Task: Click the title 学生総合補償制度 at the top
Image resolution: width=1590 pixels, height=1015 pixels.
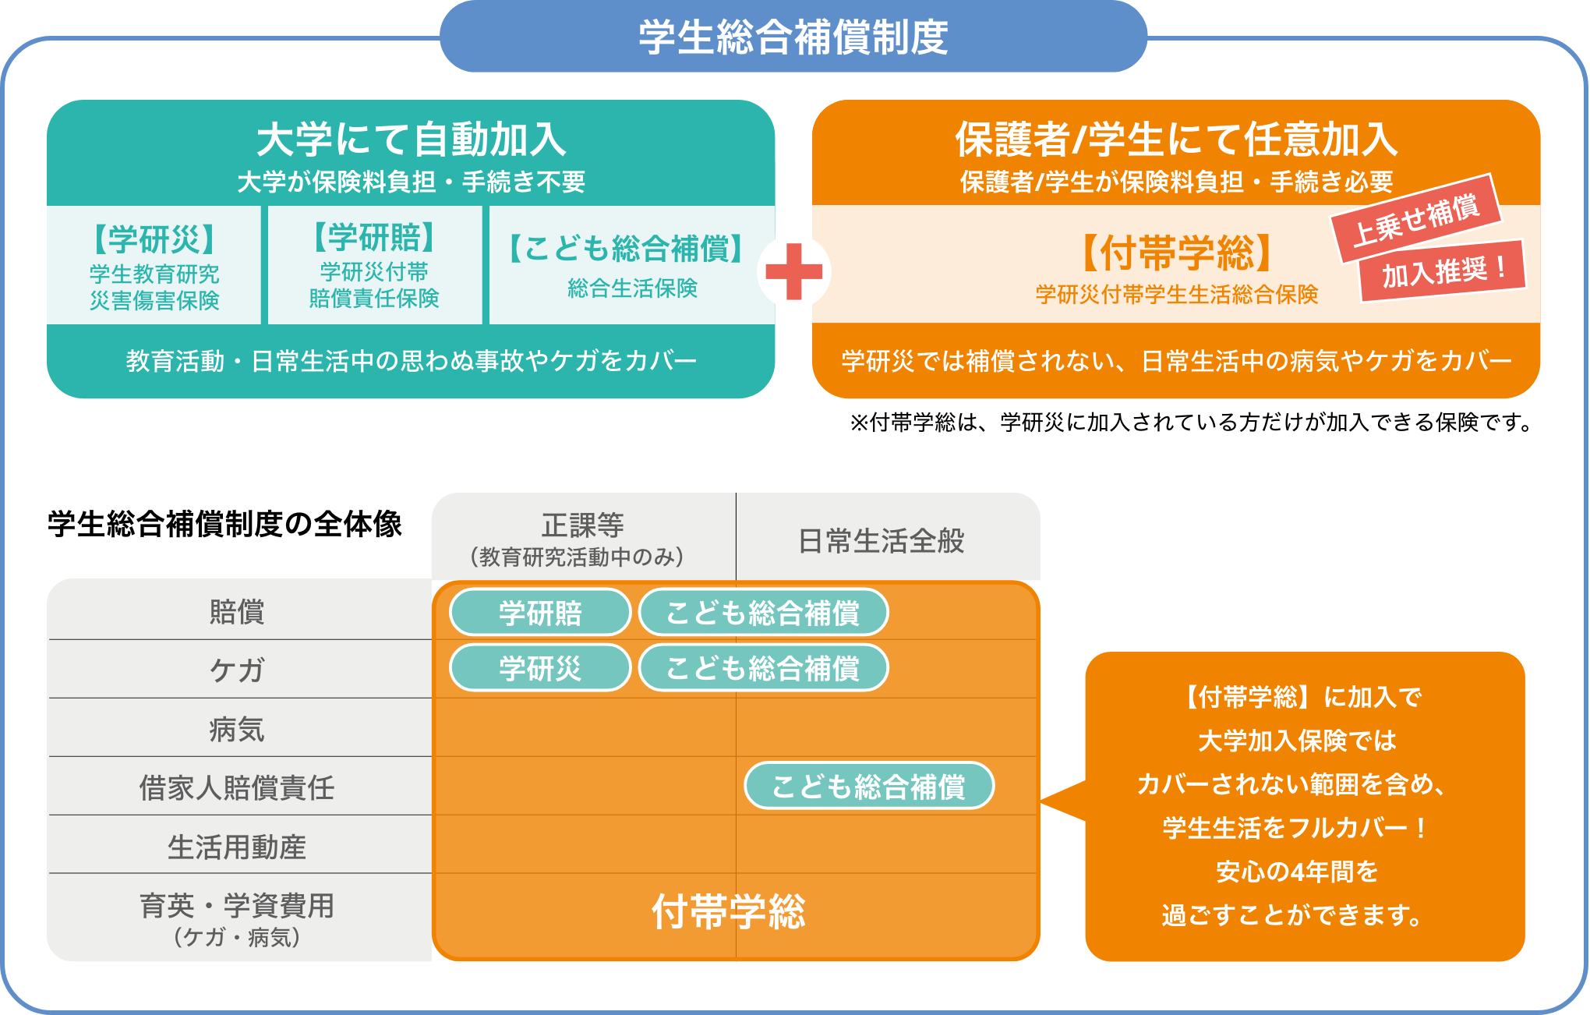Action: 793,37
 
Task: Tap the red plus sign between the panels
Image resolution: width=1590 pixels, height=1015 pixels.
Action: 793,272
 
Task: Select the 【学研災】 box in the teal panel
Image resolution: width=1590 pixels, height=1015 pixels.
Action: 154,265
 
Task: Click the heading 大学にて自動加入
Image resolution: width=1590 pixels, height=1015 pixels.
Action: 412,140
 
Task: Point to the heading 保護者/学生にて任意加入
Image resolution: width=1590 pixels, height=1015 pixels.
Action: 1176,140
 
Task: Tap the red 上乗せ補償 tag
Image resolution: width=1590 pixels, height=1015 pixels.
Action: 1415,218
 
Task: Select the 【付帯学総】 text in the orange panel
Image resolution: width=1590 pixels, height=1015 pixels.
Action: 1176,253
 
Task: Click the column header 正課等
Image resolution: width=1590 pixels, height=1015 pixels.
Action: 583,526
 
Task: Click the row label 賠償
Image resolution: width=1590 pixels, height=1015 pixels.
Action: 237,612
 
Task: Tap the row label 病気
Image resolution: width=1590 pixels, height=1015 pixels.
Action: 237,730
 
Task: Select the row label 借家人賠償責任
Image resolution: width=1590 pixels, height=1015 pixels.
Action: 237,787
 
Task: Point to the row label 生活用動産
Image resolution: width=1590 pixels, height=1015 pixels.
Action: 237,847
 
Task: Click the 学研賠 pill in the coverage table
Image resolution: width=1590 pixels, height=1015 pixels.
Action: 540,613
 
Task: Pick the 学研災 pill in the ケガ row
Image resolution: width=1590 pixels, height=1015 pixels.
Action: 540,668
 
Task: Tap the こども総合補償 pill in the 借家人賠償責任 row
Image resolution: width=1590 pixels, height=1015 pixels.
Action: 868,786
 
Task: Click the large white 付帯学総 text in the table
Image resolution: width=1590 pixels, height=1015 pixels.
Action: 729,911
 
